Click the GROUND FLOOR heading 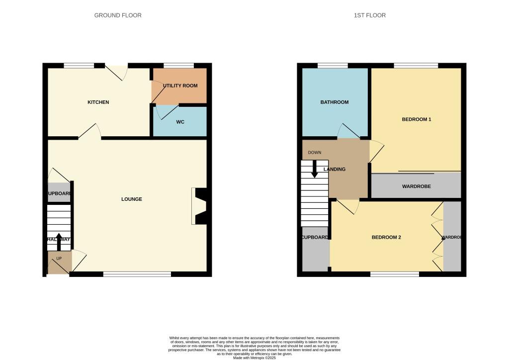pyautogui.click(x=118, y=15)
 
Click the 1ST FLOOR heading pyautogui.click(x=369, y=15)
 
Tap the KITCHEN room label pyautogui.click(x=98, y=102)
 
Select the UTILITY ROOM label pyautogui.click(x=180, y=86)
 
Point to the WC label pyautogui.click(x=180, y=122)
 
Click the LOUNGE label pyautogui.click(x=132, y=199)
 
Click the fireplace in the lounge pyautogui.click(x=200, y=206)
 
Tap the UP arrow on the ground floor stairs pyautogui.click(x=59, y=242)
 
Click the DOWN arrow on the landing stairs pyautogui.click(x=315, y=169)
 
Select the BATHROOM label pyautogui.click(x=334, y=102)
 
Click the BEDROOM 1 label pyautogui.click(x=416, y=119)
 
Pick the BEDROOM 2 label pyautogui.click(x=386, y=238)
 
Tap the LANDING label pyautogui.click(x=335, y=170)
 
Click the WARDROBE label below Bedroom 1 pyautogui.click(x=416, y=186)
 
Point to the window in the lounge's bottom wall pyautogui.click(x=137, y=274)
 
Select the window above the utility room pyautogui.click(x=178, y=65)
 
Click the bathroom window pyautogui.click(x=333, y=65)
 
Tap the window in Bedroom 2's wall pyautogui.click(x=395, y=274)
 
